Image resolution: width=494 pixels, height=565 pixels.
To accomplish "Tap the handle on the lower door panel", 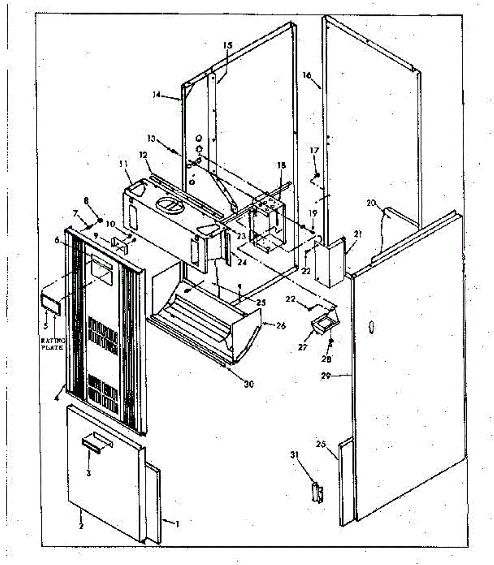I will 92,444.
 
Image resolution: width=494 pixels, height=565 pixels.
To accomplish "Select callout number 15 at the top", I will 227,46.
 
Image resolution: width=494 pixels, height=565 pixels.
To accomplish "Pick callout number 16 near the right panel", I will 307,75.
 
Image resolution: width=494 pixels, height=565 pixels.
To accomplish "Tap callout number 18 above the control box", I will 281,165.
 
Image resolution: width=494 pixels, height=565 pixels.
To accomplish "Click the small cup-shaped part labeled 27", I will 322,324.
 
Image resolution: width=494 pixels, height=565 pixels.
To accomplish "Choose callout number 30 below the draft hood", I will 248,384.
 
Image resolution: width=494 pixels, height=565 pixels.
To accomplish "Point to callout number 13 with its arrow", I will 151,138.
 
